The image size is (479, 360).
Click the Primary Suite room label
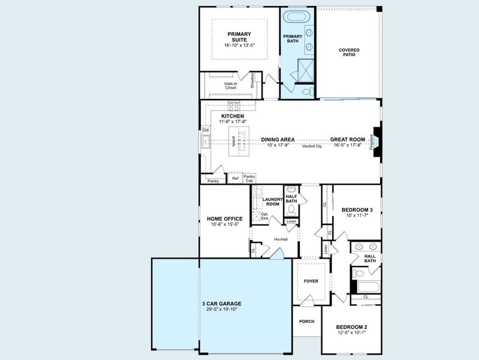pos(239,37)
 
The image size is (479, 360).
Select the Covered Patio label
pos(347,52)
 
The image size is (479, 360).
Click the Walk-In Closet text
pos(231,86)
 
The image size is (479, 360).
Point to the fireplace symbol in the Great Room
pos(376,142)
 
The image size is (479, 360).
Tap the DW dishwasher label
pos(205,130)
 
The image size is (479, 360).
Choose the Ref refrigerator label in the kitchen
pos(236,178)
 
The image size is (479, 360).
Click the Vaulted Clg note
pos(312,146)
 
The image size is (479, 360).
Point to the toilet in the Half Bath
pos(291,210)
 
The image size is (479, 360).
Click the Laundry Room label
pos(272,201)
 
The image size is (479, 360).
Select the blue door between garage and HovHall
pos(276,256)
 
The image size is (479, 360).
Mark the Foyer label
pos(311,281)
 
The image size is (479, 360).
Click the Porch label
pos(306,321)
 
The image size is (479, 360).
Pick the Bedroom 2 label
pos(351,328)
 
